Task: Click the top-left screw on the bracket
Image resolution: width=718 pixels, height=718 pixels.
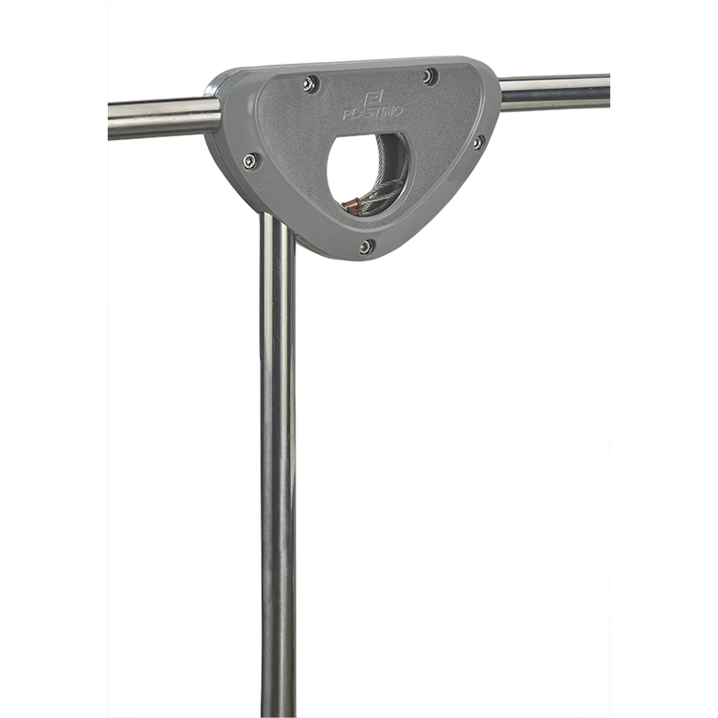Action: tap(310, 83)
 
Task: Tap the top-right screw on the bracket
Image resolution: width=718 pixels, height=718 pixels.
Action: tap(429, 75)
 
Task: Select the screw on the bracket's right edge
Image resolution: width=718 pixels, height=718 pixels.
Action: tap(477, 144)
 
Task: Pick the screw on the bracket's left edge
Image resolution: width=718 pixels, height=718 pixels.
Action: tap(250, 162)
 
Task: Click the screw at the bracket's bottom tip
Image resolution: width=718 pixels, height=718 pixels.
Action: tap(366, 247)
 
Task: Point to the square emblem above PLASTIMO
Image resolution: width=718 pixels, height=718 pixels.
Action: tap(372, 99)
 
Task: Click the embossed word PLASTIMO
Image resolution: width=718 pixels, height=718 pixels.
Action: tap(372, 113)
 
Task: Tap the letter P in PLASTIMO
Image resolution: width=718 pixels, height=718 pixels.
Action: tap(347, 115)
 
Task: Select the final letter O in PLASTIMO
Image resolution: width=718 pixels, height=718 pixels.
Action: tap(398, 110)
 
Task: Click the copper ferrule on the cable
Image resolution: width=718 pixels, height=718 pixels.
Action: tap(353, 206)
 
